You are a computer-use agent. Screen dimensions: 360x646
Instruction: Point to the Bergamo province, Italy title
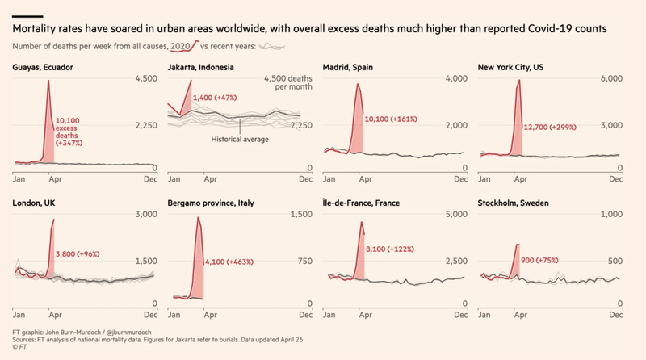click(211, 203)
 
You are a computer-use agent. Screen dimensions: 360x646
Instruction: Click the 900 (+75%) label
click(547, 261)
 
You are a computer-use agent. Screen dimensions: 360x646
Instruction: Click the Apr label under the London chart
click(52, 314)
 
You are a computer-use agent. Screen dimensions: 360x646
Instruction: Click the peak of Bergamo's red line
click(198, 217)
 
